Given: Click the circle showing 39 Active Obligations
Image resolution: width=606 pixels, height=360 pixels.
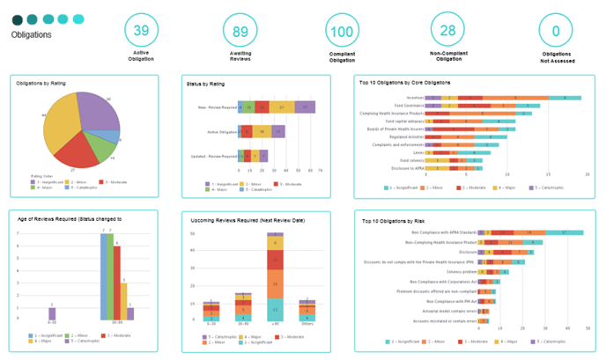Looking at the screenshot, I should [141, 31].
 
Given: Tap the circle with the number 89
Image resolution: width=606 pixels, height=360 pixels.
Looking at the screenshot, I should [240, 31].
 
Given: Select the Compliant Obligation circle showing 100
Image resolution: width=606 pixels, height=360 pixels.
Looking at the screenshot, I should [341, 31].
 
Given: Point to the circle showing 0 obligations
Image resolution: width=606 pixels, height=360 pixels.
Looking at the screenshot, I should [556, 31].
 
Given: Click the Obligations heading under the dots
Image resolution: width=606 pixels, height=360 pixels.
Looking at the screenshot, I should [32, 35].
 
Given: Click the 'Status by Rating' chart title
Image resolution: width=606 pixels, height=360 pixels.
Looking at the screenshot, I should [204, 84].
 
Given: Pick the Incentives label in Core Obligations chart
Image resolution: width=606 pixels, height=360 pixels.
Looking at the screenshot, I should [415, 98].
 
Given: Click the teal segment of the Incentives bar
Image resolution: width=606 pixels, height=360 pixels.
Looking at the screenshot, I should [564, 98].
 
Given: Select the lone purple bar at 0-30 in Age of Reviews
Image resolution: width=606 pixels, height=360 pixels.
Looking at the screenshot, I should [52, 313].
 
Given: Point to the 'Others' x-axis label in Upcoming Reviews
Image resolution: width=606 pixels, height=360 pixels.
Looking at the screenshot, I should [306, 325].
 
